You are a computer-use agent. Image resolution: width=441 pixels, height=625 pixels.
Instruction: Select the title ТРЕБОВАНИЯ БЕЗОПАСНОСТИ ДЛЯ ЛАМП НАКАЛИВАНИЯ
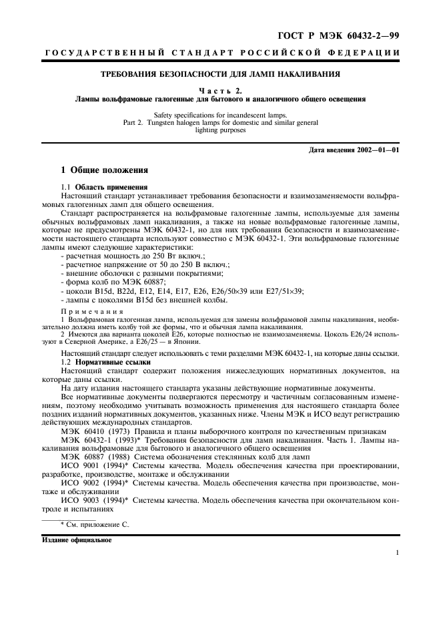coord(220,75)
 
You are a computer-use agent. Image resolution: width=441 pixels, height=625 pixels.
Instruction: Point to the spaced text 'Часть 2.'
coord(220,90)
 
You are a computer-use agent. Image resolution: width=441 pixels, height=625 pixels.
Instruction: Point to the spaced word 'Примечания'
coord(92,310)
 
